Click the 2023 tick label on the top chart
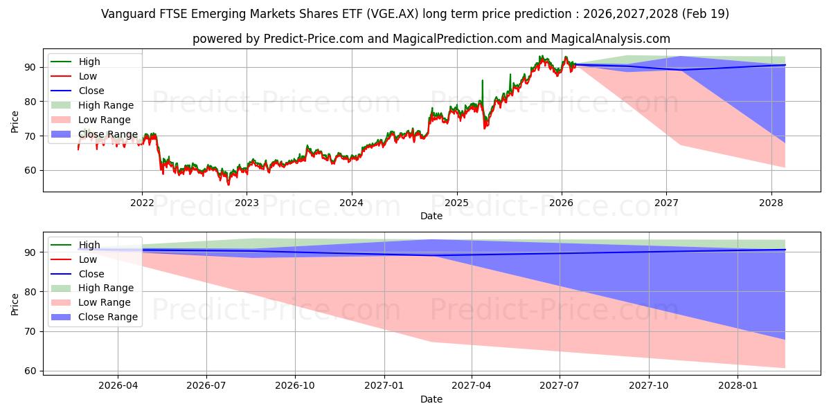(247, 203)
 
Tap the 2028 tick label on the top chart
(771, 203)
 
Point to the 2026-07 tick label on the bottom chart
(207, 386)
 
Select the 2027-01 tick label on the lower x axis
(384, 386)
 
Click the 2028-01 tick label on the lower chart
(738, 386)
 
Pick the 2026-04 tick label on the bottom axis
(118, 386)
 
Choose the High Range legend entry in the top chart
(106, 105)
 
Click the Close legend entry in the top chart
(91, 91)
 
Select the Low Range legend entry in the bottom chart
(105, 302)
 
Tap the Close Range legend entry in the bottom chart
(108, 317)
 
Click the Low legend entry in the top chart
(88, 76)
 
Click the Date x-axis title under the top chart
(431, 216)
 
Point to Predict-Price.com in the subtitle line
(313, 39)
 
